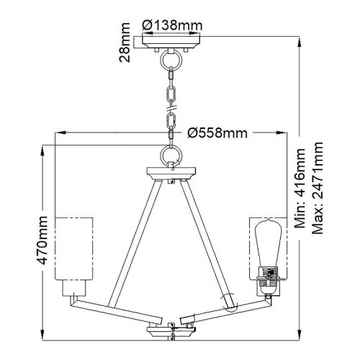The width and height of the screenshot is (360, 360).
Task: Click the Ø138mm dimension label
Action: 173,24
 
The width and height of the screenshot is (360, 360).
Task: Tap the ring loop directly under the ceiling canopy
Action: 172,59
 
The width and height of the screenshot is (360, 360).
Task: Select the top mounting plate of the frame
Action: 172,172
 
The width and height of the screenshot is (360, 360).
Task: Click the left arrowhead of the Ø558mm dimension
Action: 60,132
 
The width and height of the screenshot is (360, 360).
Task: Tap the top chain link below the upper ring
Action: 172,75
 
